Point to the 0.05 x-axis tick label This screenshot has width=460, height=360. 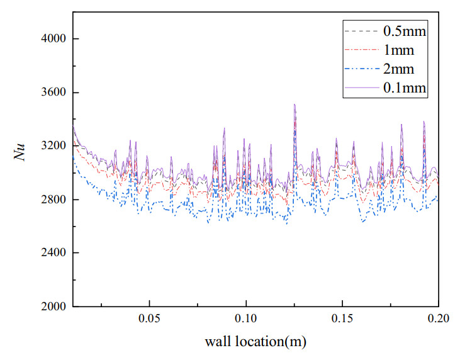tap(150, 320)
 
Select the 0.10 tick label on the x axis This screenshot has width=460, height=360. tap(246, 320)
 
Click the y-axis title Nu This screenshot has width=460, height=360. tap(21, 153)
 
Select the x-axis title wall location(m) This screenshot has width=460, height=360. tap(255, 343)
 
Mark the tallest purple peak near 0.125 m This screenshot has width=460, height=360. tap(295, 105)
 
